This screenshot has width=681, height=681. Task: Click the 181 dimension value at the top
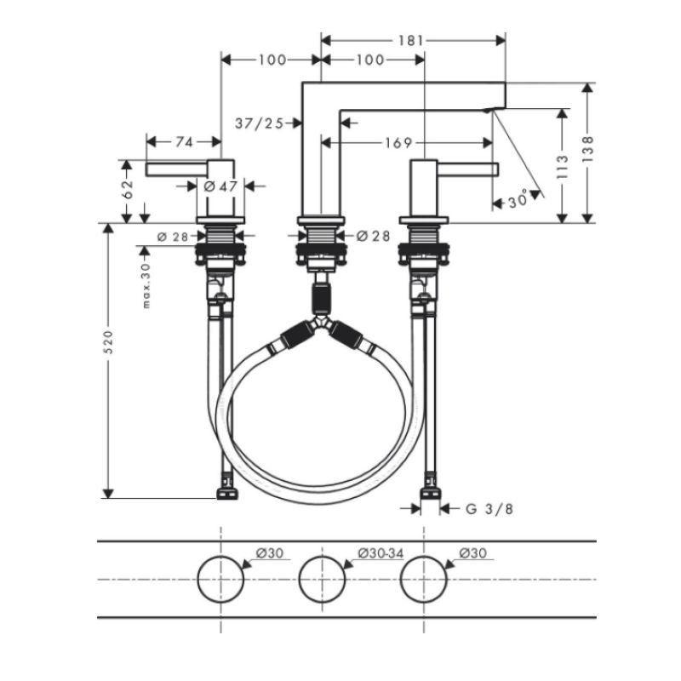[410, 40]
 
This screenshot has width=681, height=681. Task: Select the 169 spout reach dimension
[398, 142]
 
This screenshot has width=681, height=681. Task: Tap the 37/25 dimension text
[260, 123]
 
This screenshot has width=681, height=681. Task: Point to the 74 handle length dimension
[184, 141]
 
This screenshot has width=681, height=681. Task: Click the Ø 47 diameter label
[220, 186]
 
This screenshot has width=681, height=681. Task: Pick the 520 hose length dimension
[108, 342]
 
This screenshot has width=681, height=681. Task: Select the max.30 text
[146, 285]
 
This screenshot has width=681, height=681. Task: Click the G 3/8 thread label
[489, 508]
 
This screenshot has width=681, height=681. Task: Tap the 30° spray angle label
[518, 200]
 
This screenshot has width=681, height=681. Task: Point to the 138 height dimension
[587, 150]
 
